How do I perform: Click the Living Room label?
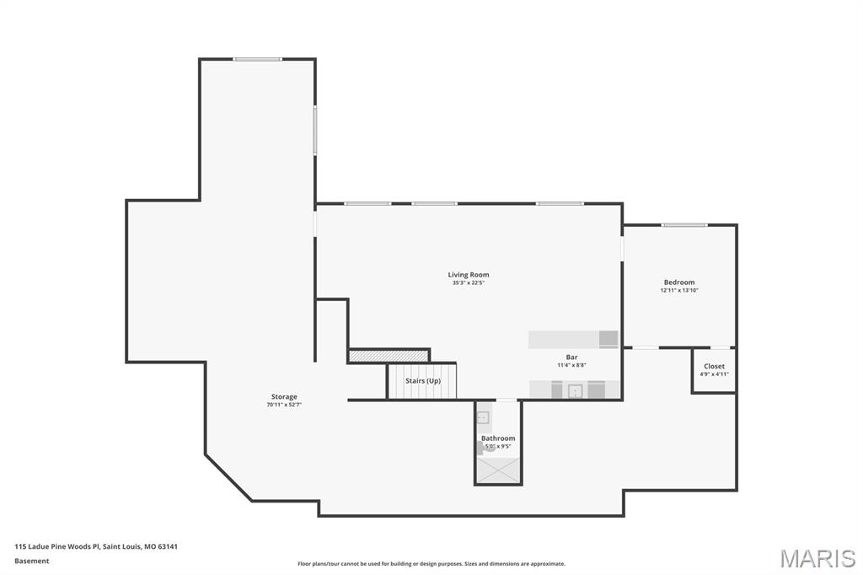pos(468,275)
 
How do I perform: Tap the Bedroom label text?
pos(679,282)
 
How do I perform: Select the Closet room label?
pos(714,366)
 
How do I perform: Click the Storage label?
pos(284,396)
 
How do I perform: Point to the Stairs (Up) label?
pos(422,381)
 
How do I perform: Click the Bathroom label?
pos(498,438)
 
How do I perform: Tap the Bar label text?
pos(571,357)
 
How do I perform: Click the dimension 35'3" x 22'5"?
pos(468,283)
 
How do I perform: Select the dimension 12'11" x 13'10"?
pos(679,291)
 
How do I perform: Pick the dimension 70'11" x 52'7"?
pos(284,405)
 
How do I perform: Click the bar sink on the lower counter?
pos(576,390)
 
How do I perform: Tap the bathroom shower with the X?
pos(498,470)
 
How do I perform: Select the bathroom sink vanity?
pos(483,417)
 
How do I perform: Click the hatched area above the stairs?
pos(389,356)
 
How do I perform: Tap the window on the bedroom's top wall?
pos(683,224)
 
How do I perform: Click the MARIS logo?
pos(817,557)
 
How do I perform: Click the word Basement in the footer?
pos(32,561)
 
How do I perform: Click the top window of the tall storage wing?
pos(257,59)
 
